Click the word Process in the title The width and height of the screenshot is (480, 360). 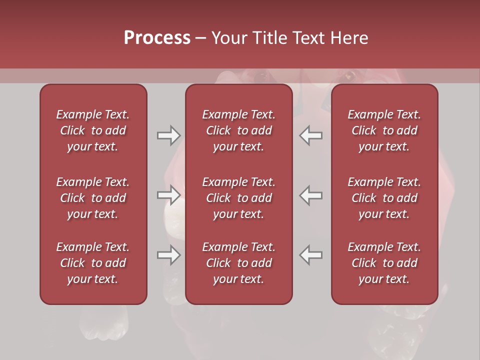coord(157,38)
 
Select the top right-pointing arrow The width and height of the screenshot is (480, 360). coord(169,135)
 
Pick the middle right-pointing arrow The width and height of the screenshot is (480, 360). coord(169,195)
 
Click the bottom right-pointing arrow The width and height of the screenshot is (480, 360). coord(169,255)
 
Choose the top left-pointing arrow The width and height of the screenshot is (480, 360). coord(311,135)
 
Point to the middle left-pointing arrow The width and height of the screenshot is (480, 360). coord(311,195)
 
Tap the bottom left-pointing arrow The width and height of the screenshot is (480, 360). coord(311,255)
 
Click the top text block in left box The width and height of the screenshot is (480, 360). coord(93,130)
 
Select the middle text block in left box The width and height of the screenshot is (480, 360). coord(93,198)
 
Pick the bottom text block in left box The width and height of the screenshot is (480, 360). coord(93,263)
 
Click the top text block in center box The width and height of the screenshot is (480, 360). coord(238,130)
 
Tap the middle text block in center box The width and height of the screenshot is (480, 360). coord(238,198)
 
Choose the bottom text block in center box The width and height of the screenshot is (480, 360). coord(238,263)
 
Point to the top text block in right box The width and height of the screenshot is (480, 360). coord(384,130)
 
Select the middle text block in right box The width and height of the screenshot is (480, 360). coord(384,198)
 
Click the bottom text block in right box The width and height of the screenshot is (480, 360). coord(384,263)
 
